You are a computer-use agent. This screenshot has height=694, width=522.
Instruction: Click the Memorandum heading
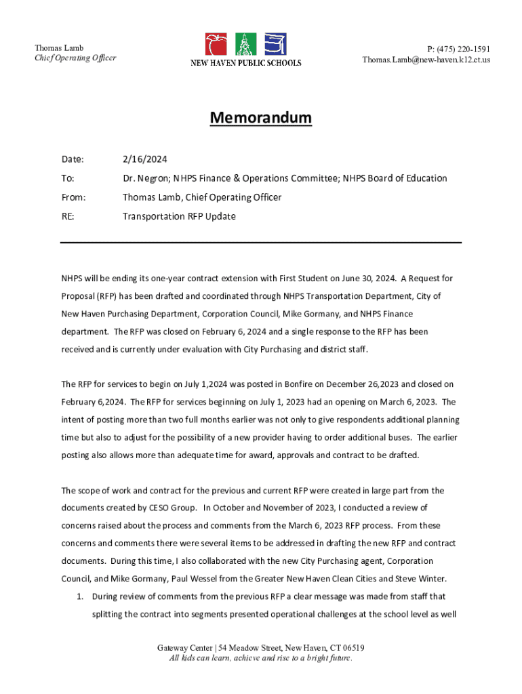tap(260, 118)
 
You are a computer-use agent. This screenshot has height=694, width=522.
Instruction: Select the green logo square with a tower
tap(245, 44)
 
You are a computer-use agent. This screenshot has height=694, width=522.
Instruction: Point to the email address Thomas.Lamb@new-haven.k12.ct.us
tap(426, 60)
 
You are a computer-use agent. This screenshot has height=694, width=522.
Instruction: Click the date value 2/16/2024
tap(144, 159)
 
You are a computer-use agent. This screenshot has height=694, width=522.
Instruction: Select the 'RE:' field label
tap(68, 216)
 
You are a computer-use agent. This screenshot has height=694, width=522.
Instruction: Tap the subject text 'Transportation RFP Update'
tap(179, 216)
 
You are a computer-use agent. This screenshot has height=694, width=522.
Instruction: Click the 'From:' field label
tap(73, 197)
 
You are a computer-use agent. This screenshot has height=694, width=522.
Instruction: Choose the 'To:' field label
tap(68, 178)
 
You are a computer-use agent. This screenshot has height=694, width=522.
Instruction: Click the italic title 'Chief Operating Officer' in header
tap(75, 58)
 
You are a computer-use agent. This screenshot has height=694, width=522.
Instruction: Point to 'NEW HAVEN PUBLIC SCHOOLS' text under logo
tap(245, 63)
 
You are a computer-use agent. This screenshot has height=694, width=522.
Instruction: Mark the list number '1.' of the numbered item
tap(79, 596)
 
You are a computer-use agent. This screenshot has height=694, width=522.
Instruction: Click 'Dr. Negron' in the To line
tap(144, 178)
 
